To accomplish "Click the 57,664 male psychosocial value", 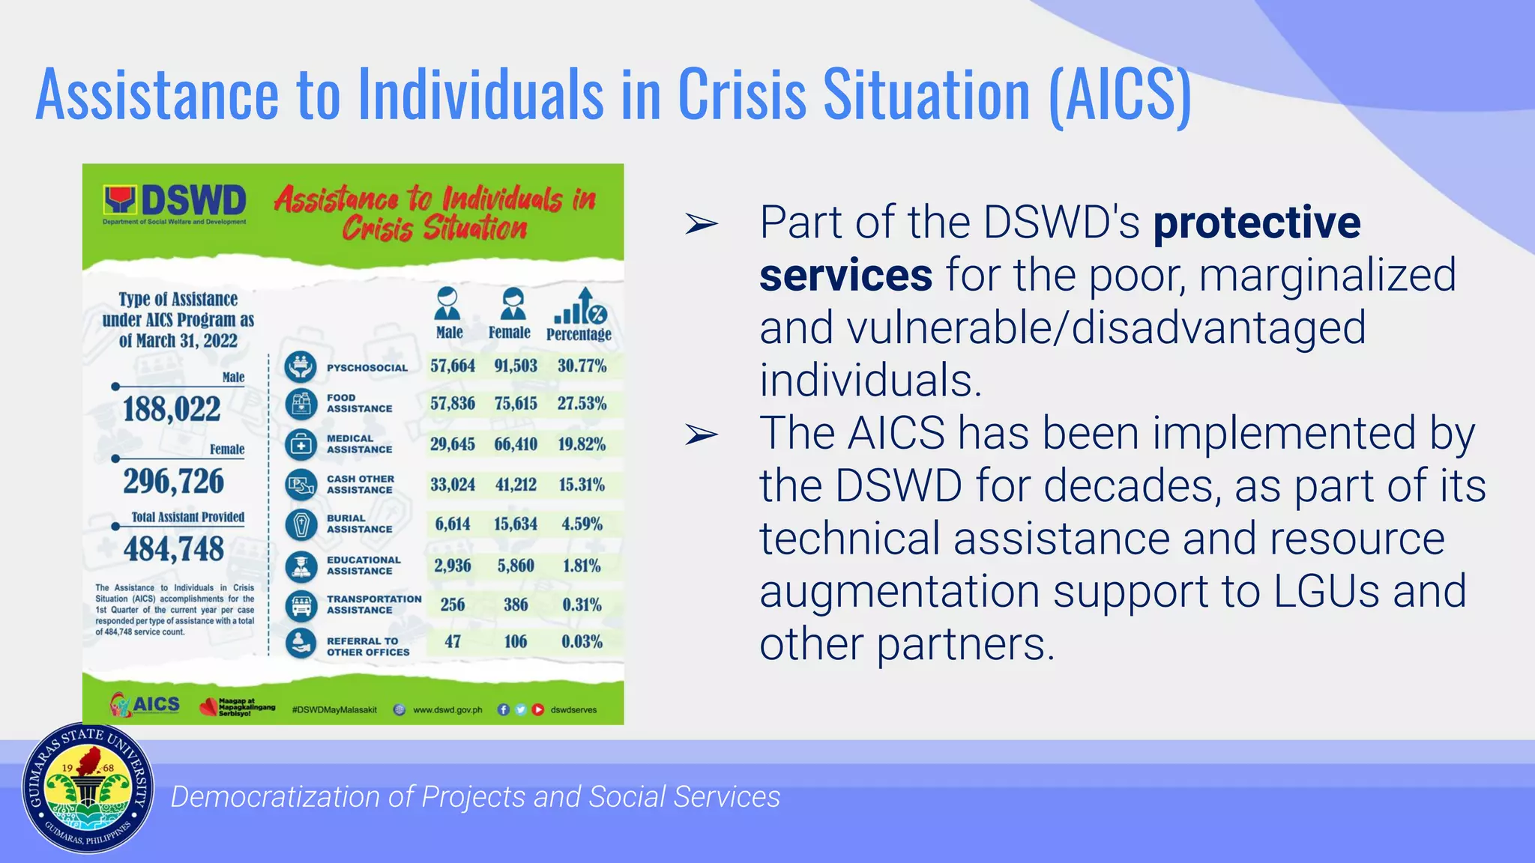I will click(x=453, y=366).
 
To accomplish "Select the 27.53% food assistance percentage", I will click(x=582, y=404).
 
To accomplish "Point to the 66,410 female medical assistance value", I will click(x=516, y=444).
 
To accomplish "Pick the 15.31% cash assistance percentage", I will click(x=582, y=485).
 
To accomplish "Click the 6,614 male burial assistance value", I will click(x=453, y=524).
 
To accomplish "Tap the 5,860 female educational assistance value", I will click(x=516, y=566).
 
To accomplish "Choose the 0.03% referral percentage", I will click(x=582, y=642).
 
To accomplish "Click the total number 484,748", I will click(x=174, y=550).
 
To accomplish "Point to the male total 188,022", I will click(x=172, y=410).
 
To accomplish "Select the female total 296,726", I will click(x=174, y=482).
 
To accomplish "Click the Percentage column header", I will click(x=579, y=333).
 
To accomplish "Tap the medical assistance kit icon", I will click(x=301, y=445).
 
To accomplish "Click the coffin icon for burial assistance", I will click(x=301, y=524).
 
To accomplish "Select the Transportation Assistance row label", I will click(x=374, y=605).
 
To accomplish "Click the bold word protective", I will click(x=1257, y=222).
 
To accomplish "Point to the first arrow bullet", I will click(x=702, y=223).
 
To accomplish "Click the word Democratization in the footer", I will click(x=275, y=797).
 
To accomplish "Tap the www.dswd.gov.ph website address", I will click(x=447, y=709).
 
